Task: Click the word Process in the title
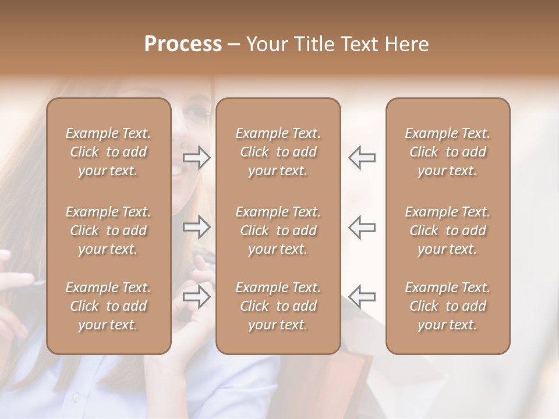pos(183,44)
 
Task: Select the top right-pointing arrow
pos(197,157)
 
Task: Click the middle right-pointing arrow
pos(197,227)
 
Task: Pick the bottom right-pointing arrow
pos(197,297)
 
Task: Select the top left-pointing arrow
pos(362,157)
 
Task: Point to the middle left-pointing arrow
pos(362,227)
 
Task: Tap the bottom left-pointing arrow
pos(362,297)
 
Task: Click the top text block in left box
pos(108,152)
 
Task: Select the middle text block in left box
pos(108,230)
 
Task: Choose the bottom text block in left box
pos(108,306)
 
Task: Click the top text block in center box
pos(278,152)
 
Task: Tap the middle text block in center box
pos(278,230)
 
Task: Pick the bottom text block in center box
pos(278,306)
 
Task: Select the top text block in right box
pos(448,152)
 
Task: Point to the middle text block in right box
pos(448,230)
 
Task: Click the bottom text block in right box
pos(448,306)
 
